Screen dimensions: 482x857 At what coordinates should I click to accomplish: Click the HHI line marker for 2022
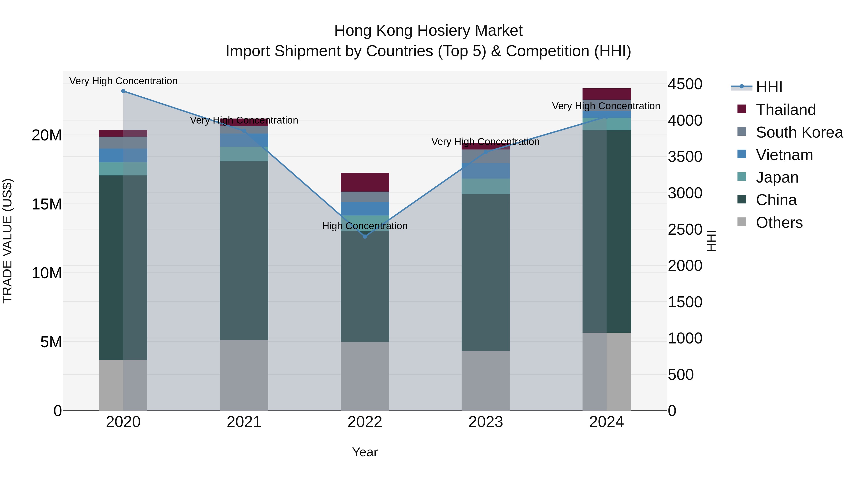[365, 237]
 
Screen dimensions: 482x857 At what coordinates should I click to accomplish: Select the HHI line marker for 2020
[123, 91]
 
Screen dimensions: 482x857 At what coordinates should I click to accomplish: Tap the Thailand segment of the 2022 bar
[365, 182]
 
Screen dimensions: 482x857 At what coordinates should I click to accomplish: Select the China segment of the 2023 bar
[485, 273]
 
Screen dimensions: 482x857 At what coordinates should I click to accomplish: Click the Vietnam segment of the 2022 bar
[365, 209]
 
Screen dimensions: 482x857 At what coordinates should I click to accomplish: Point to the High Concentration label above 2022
[365, 226]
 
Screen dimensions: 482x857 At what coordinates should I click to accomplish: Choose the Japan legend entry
[777, 177]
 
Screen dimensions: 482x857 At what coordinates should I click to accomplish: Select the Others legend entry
[779, 223]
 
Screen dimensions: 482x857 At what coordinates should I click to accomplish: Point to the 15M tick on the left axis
[47, 204]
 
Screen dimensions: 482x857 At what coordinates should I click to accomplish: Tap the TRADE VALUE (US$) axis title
[7, 241]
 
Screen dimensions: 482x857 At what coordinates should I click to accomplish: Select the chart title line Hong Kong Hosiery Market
[428, 31]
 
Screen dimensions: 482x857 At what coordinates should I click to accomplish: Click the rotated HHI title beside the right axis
[711, 241]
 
